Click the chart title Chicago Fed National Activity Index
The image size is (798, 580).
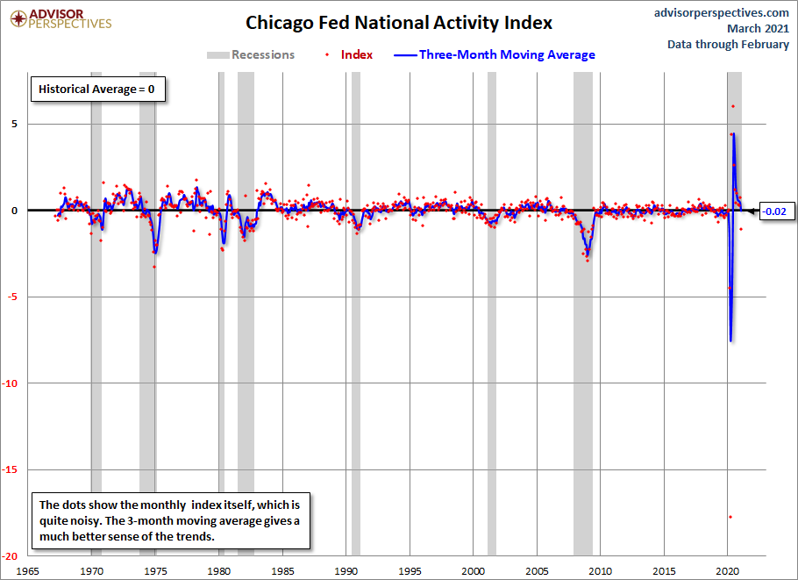(x=399, y=23)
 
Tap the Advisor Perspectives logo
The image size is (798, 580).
(x=61, y=19)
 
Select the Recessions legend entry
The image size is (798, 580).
(x=251, y=54)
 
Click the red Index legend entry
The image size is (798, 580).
(x=350, y=54)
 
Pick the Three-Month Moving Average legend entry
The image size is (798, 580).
(x=495, y=54)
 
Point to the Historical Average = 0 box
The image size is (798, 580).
(x=97, y=90)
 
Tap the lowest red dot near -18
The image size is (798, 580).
(x=730, y=517)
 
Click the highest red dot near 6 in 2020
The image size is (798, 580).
(x=733, y=106)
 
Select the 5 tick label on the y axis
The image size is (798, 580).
(x=14, y=125)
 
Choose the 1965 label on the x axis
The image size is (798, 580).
(x=27, y=571)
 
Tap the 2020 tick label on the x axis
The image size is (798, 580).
(x=727, y=571)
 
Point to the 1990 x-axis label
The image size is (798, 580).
(x=346, y=571)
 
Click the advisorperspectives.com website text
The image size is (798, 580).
(x=722, y=13)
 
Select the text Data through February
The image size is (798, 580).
(x=728, y=44)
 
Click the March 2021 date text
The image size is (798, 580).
(x=759, y=28)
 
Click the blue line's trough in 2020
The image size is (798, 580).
(x=730, y=340)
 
